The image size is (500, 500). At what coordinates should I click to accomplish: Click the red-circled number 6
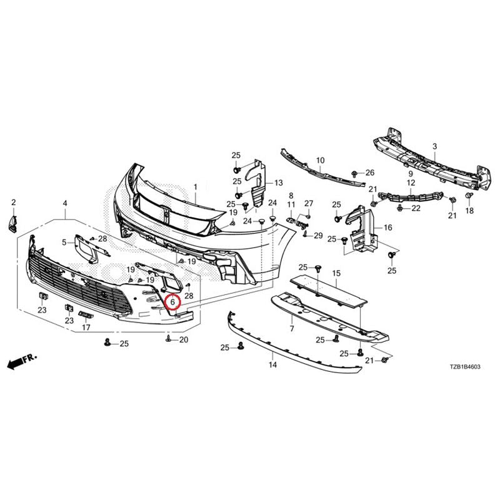[172, 301]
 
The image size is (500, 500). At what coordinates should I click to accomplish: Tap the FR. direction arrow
[22, 361]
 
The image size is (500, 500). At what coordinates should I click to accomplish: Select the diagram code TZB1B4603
[464, 367]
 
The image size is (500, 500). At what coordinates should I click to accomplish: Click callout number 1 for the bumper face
[195, 187]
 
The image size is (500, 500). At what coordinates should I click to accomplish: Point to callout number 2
[13, 202]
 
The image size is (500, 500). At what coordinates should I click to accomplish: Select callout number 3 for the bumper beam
[434, 147]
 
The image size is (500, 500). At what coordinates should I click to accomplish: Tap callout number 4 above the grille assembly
[65, 203]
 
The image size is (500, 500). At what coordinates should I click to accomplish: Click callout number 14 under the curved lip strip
[272, 364]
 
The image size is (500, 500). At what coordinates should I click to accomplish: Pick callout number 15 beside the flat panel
[336, 273]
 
